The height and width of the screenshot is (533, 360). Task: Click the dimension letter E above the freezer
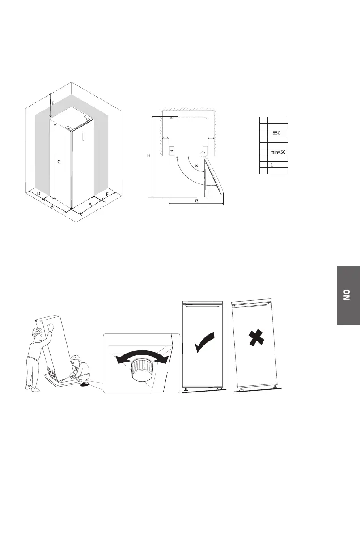(x=52, y=103)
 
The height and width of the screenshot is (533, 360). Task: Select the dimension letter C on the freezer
(x=58, y=163)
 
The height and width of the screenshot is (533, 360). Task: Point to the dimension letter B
(x=52, y=207)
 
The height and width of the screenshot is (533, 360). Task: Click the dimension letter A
(x=90, y=204)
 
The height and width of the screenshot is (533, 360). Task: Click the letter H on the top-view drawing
(x=149, y=155)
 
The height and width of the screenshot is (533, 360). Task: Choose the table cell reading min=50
(x=277, y=152)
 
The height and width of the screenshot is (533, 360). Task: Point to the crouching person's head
(x=76, y=362)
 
